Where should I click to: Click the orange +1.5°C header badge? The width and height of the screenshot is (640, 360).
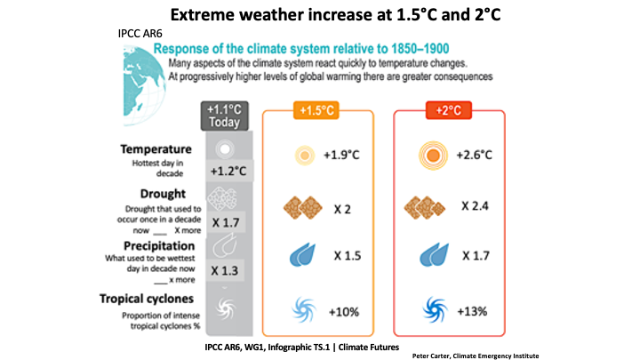pyautogui.click(x=316, y=110)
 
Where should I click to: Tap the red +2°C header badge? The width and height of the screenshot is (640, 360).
pyautogui.click(x=449, y=110)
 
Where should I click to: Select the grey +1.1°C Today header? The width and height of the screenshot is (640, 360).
pyautogui.click(x=225, y=116)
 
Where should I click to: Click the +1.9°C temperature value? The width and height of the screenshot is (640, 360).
pyautogui.click(x=341, y=155)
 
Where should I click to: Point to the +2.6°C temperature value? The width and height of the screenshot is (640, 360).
pyautogui.click(x=475, y=155)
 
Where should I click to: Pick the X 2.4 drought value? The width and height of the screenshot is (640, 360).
pyautogui.click(x=475, y=205)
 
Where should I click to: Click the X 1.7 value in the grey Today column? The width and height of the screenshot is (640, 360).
pyautogui.click(x=226, y=223)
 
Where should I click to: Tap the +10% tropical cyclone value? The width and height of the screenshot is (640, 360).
pyautogui.click(x=344, y=312)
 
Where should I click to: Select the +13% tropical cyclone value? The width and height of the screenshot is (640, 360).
pyautogui.click(x=472, y=311)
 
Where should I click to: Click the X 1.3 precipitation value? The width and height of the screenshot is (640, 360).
pyautogui.click(x=225, y=270)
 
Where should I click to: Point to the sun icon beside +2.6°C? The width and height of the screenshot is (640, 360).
pyautogui.click(x=433, y=156)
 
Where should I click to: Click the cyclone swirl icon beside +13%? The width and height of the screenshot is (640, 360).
pyautogui.click(x=435, y=309)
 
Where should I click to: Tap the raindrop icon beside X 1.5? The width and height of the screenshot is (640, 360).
pyautogui.click(x=302, y=255)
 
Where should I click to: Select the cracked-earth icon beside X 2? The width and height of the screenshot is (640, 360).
pyautogui.click(x=303, y=207)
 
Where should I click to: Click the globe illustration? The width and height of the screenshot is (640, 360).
pyautogui.click(x=144, y=85)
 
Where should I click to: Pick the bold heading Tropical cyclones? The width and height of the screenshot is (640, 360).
pyautogui.click(x=147, y=299)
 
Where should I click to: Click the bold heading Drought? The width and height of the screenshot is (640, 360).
pyautogui.click(x=163, y=194)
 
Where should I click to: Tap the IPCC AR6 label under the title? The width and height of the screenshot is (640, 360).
pyautogui.click(x=140, y=34)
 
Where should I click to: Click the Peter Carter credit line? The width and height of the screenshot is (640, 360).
pyautogui.click(x=475, y=356)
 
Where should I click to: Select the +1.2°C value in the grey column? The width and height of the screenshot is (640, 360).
pyautogui.click(x=228, y=171)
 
